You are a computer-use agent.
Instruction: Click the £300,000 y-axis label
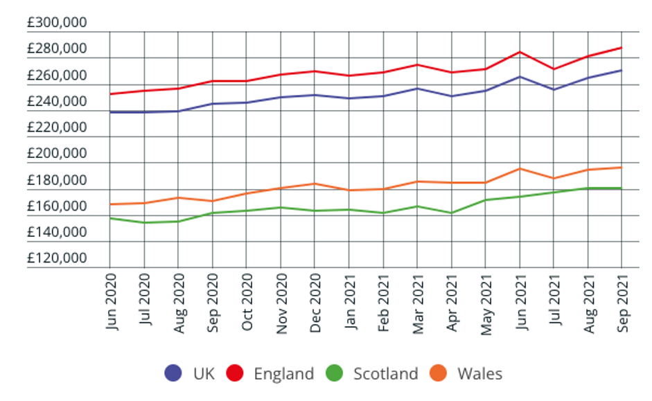57,23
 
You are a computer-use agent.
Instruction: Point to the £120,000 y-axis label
57,258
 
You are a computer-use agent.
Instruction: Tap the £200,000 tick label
57,154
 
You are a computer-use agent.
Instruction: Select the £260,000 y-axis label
57,75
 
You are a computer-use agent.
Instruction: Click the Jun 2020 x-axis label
112,302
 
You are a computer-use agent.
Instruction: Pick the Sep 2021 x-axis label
622,302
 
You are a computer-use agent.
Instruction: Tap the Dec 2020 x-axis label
316,302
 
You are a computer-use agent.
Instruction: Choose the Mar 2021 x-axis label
418,302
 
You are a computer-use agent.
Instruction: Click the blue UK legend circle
173,373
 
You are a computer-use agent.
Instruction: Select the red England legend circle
236,373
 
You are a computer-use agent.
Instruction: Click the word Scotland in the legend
386,374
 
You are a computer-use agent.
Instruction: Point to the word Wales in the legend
479,374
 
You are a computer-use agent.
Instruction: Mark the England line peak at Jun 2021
520,52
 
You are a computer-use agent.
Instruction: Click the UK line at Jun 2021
520,77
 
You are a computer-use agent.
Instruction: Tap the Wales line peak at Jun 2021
520,169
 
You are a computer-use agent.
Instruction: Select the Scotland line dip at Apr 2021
452,213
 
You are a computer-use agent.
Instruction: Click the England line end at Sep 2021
622,48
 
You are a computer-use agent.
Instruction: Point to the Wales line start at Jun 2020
111,204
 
